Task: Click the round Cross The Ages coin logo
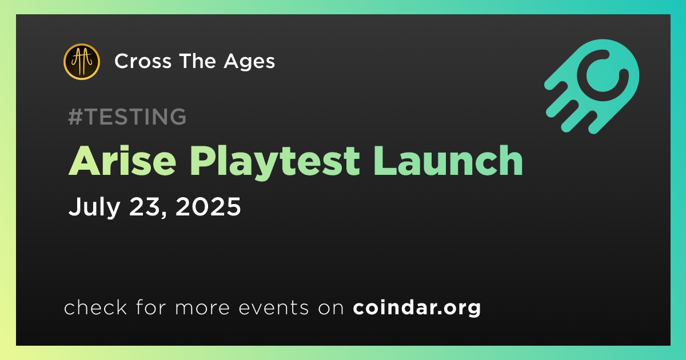click(x=81, y=62)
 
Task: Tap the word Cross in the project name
click(x=143, y=61)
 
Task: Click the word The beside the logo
click(x=198, y=61)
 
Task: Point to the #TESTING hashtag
click(x=127, y=117)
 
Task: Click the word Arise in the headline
click(x=122, y=161)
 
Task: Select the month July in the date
click(x=94, y=207)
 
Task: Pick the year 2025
click(x=208, y=206)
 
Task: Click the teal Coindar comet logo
click(x=592, y=86)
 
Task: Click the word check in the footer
click(x=95, y=307)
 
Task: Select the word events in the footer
click(x=274, y=308)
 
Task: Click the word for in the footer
click(x=151, y=307)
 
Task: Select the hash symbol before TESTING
click(x=75, y=117)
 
